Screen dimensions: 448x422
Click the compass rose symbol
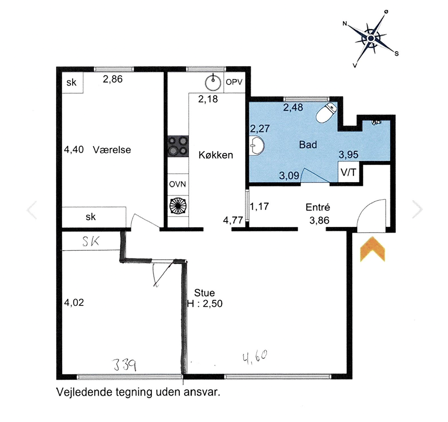click(x=371, y=39)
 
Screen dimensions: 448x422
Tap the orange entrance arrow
click(x=372, y=249)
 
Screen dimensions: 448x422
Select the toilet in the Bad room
click(x=327, y=112)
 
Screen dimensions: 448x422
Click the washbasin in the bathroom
click(x=257, y=146)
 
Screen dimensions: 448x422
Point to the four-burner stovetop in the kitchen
click(x=178, y=146)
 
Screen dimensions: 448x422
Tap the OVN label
click(x=177, y=184)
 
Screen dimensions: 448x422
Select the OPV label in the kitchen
click(x=234, y=82)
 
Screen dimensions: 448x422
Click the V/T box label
click(x=349, y=172)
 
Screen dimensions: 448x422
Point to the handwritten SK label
click(x=91, y=242)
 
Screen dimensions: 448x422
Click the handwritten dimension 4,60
click(x=255, y=357)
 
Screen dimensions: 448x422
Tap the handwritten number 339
click(x=125, y=365)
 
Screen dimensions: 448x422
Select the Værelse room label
click(x=112, y=150)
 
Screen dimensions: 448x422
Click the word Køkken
click(x=216, y=155)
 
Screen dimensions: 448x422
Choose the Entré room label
click(x=318, y=207)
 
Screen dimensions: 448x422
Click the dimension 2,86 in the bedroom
click(x=112, y=79)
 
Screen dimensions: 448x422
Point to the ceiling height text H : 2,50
click(x=205, y=303)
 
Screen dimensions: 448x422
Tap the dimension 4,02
click(x=74, y=302)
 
